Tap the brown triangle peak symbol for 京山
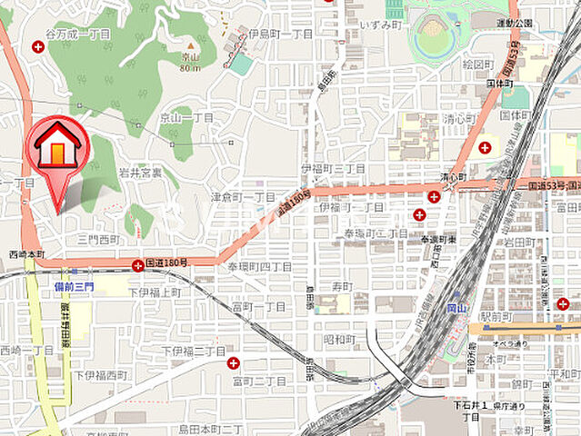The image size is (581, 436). click(x=190, y=45)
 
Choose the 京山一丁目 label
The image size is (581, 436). click(x=186, y=118)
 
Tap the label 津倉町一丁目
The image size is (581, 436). click(x=243, y=196)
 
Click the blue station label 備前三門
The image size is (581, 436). click(x=73, y=285)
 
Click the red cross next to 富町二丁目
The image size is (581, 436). click(x=234, y=363)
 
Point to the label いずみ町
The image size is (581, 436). click(x=380, y=25)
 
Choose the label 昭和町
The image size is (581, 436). click(x=339, y=339)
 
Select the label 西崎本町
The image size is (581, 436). click(x=26, y=254)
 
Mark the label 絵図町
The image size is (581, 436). click(x=477, y=65)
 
